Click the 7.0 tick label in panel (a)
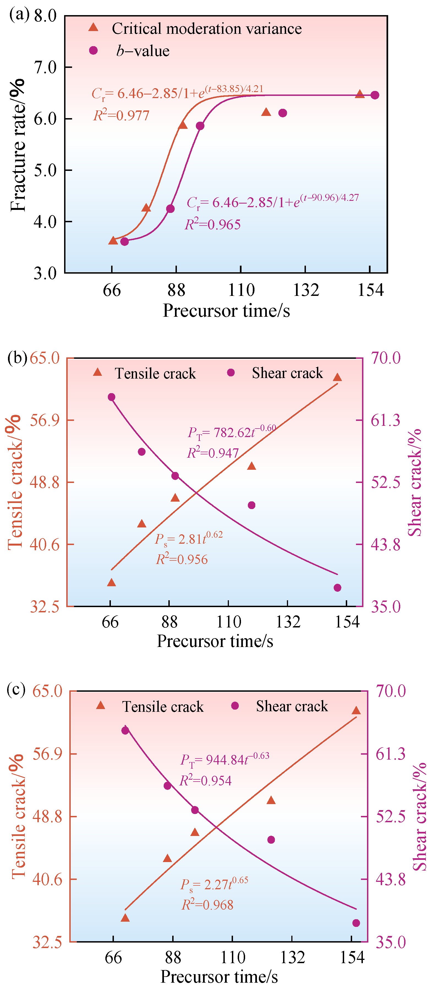pos(45,67)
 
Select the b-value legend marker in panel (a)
pos(93,51)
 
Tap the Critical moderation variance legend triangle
pos(93,27)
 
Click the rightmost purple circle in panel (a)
pos(375,95)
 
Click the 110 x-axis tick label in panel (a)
pos(241,290)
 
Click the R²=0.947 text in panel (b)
pos(213,453)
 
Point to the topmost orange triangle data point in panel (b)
pos(337,377)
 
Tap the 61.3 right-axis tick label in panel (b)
pos(386,420)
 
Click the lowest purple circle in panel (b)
pos(337,588)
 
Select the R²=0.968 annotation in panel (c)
pos(207,905)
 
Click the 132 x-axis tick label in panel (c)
pos(292,957)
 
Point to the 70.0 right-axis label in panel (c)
pos(391,691)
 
